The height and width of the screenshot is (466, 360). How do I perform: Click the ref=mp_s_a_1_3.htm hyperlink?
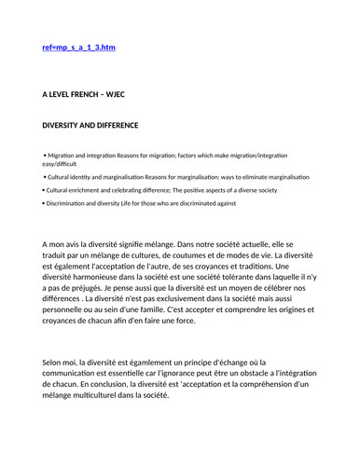(x=79, y=47)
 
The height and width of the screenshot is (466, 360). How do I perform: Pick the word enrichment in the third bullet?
(x=82, y=189)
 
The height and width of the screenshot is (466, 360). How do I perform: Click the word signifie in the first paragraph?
(x=145, y=243)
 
